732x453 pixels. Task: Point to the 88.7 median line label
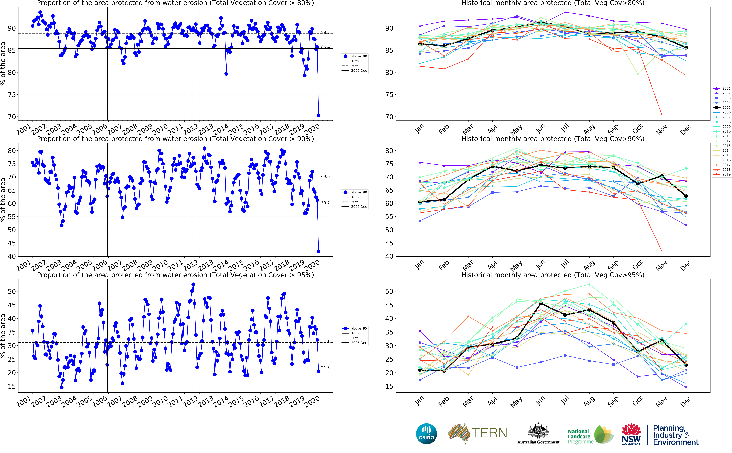point(325,32)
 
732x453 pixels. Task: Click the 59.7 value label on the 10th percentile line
point(325,202)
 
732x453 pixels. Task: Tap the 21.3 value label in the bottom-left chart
point(325,368)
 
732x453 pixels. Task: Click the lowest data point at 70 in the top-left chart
point(318,115)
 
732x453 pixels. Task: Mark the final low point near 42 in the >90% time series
point(318,251)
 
